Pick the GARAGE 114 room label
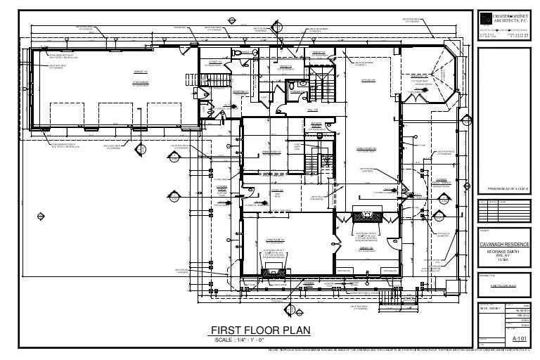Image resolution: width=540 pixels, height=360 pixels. pyautogui.click(x=139, y=72)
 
